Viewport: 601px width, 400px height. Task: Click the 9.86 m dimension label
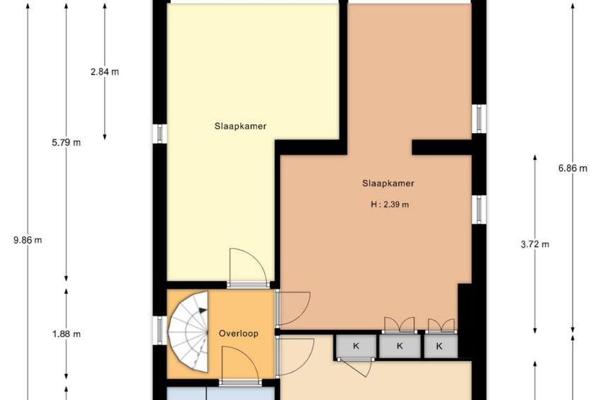pyautogui.click(x=28, y=241)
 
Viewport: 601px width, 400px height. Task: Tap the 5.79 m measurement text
pyautogui.click(x=67, y=143)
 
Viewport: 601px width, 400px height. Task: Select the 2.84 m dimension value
pyautogui.click(x=105, y=72)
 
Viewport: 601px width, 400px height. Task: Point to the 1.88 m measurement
pyautogui.click(x=67, y=334)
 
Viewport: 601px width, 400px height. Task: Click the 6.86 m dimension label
pyautogui.click(x=573, y=168)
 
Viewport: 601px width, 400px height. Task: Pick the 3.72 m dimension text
pyautogui.click(x=534, y=244)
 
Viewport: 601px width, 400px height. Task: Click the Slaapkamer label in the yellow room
pyautogui.click(x=240, y=126)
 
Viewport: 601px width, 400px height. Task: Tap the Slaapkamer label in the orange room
pyautogui.click(x=388, y=183)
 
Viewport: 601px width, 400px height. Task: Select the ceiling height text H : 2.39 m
pyautogui.click(x=390, y=205)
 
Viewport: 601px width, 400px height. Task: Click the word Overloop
pyautogui.click(x=238, y=333)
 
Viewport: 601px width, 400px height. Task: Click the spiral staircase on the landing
pyautogui.click(x=189, y=331)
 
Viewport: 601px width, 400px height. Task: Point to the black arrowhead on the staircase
pyautogui.click(x=202, y=310)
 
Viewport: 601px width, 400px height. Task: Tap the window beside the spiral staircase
pyautogui.click(x=160, y=330)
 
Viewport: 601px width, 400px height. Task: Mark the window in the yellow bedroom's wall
pyautogui.click(x=160, y=134)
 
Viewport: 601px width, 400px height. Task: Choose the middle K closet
pyautogui.click(x=400, y=346)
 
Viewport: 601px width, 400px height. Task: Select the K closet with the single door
pyautogui.click(x=356, y=346)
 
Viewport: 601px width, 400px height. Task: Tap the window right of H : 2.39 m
pyautogui.click(x=479, y=210)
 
